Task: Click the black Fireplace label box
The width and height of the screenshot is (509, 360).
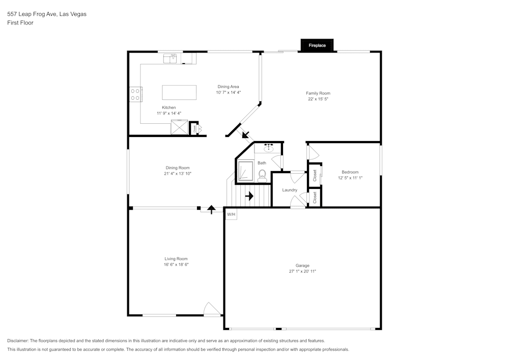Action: (317, 46)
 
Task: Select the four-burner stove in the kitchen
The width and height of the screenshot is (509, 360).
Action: (135, 94)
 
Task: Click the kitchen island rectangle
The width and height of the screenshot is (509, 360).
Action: (179, 92)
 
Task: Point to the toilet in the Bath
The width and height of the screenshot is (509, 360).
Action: (263, 176)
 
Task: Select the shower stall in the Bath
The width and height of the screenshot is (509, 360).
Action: (246, 171)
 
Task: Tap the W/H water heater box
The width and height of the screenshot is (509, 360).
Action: (231, 214)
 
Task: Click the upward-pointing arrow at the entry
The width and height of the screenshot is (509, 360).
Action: (211, 209)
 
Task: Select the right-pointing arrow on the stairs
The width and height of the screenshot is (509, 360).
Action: (249, 196)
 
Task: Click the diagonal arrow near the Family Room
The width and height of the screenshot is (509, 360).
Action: (246, 135)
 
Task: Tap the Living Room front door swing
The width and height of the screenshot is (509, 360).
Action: (212, 309)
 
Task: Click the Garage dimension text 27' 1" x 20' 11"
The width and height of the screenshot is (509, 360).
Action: (302, 271)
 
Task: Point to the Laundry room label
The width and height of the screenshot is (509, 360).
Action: (290, 190)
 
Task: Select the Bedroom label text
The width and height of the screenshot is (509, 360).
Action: (350, 172)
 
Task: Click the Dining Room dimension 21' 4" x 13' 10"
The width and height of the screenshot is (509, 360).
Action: (177, 174)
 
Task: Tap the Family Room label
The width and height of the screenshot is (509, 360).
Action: (318, 93)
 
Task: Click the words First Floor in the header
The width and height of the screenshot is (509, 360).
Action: (20, 22)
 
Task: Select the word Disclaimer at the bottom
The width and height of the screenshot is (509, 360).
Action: (18, 341)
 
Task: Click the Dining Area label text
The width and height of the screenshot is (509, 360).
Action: (228, 87)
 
